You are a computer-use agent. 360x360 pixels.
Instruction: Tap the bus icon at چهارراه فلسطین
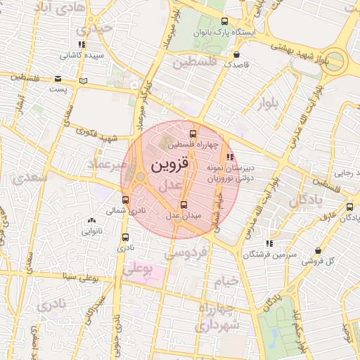point(193,134)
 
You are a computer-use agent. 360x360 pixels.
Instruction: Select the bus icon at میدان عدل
point(184,205)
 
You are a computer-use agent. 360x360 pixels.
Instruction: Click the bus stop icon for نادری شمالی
point(126,200)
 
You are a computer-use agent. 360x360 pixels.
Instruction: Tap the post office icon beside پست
point(58,79)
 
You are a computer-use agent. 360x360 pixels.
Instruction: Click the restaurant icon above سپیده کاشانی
point(82,44)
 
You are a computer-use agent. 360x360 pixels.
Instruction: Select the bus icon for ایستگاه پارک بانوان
point(224,21)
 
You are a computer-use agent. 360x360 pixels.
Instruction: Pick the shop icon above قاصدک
point(236,53)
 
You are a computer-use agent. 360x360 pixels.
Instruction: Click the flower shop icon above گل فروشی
point(319,250)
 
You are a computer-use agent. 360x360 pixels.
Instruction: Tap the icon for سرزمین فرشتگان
point(269,243)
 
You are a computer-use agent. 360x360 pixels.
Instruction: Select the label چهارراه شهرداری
point(219,318)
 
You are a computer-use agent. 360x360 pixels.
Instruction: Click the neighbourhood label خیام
point(232,282)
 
